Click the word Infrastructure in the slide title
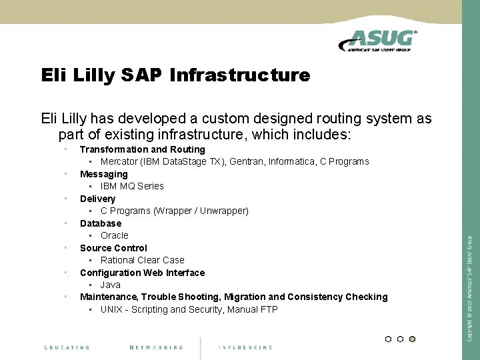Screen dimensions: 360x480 click(x=240, y=76)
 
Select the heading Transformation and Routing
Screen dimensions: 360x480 click(x=142, y=149)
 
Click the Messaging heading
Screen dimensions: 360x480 click(x=103, y=174)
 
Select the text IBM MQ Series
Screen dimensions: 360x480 click(x=132, y=186)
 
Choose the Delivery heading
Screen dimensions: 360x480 click(x=97, y=199)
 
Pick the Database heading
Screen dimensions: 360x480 click(x=101, y=223)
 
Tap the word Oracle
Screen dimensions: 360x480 click(x=114, y=235)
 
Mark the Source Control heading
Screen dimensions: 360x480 click(x=113, y=248)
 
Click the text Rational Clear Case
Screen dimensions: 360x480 click(x=142, y=260)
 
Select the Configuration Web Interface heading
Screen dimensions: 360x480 click(x=142, y=273)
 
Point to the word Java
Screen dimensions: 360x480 click(x=110, y=285)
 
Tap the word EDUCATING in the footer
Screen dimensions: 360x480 click(x=67, y=347)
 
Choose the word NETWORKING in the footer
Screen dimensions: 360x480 click(x=157, y=347)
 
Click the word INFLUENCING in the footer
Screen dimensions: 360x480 click(x=245, y=347)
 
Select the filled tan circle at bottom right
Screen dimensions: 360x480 click(x=412, y=339)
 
